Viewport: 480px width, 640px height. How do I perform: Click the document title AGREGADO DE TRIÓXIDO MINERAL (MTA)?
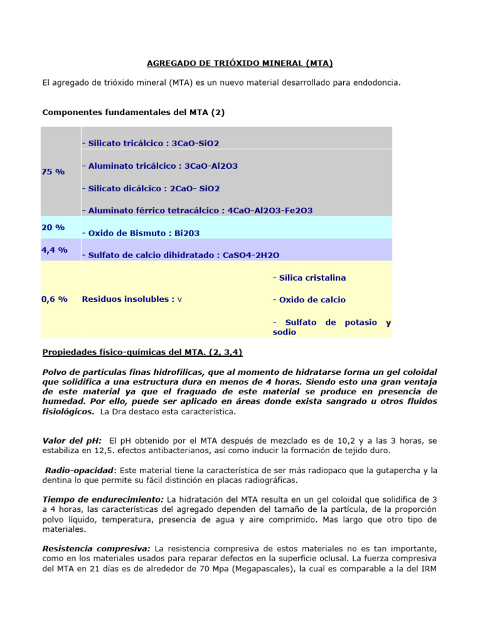click(239, 63)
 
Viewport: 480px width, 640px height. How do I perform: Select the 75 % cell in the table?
click(53, 171)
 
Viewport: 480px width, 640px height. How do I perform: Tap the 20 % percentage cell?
click(53, 227)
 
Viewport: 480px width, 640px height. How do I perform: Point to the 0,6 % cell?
click(54, 299)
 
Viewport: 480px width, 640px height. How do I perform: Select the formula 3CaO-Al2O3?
click(208, 166)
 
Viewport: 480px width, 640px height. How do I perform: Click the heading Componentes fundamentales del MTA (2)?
click(132, 112)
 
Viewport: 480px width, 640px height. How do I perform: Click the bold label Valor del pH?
click(72, 441)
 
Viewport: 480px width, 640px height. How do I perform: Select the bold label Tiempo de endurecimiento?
click(103, 499)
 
